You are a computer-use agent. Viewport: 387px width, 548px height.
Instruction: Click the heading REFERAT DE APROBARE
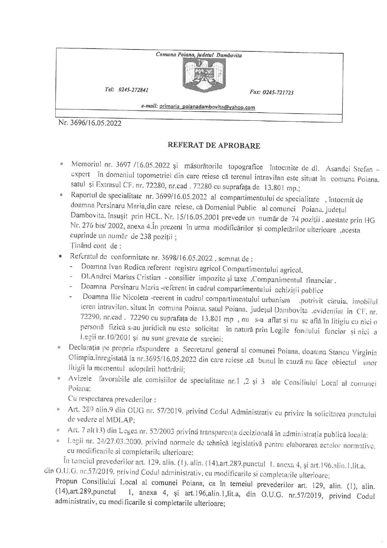point(214,145)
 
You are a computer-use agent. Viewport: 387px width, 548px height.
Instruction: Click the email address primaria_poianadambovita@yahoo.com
point(207,107)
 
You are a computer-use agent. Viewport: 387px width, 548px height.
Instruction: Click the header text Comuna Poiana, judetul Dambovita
point(199,55)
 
